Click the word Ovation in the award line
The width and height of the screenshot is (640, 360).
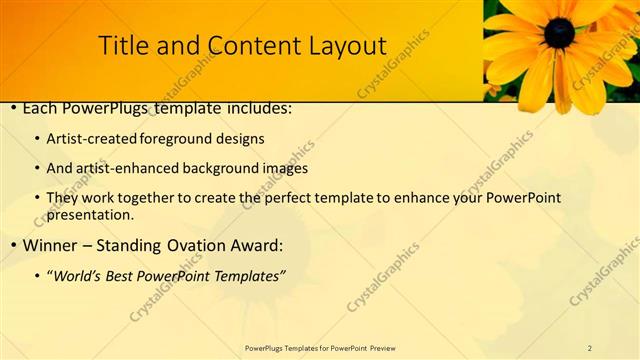190,245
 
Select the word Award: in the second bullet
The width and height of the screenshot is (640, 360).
254,245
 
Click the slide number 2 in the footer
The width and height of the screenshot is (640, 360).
590,347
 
